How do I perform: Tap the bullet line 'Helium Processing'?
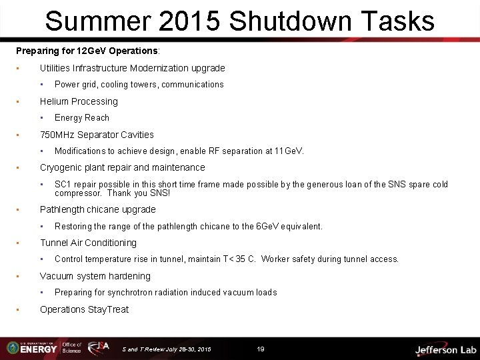[79, 101]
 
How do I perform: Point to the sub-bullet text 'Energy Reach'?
[82, 118]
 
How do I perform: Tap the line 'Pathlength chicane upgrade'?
[97, 209]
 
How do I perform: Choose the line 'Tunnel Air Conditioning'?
[88, 243]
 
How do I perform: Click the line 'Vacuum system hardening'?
[95, 276]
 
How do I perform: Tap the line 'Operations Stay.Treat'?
[84, 309]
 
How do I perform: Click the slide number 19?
[261, 349]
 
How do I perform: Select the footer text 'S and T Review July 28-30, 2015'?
[167, 349]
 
